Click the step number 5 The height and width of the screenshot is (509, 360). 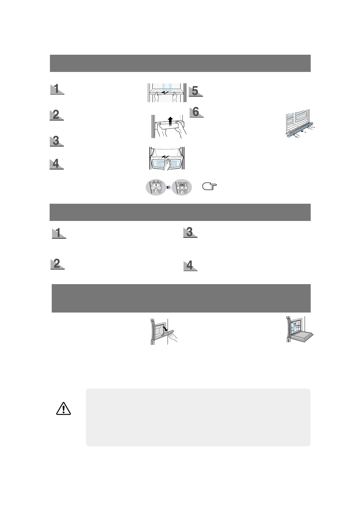[195, 91]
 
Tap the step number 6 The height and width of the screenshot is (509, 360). [196, 112]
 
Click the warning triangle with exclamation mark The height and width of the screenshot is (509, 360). [63, 409]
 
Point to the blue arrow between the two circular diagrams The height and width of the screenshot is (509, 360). [169, 188]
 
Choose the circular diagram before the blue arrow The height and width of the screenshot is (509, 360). [156, 187]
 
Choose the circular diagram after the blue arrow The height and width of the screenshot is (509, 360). [182, 187]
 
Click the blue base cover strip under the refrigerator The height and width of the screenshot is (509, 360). [301, 130]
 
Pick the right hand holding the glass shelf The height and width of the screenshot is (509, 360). [174, 97]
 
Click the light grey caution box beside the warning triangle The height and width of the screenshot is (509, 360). [198, 417]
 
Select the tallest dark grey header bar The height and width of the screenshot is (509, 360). [181, 298]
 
